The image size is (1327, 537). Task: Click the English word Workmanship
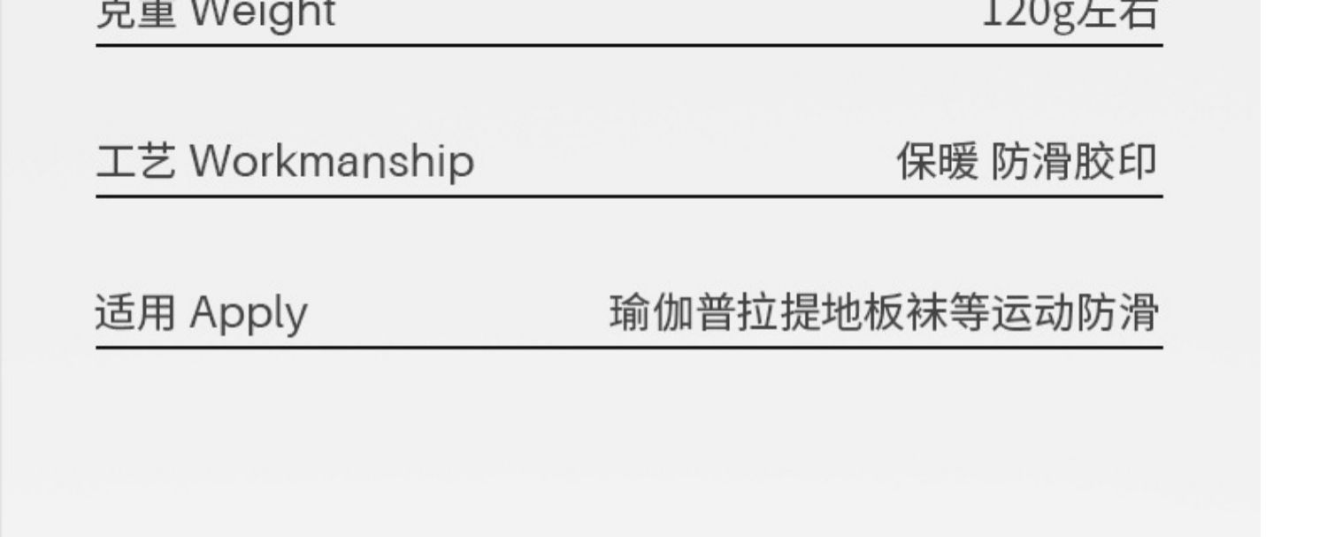pos(332,162)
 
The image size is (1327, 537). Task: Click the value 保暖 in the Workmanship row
pos(937,162)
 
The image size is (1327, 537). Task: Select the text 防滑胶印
pos(1073,162)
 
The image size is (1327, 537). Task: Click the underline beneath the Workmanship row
pos(629,196)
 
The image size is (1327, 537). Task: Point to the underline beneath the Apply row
pos(629,348)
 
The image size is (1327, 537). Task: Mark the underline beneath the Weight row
pos(629,44)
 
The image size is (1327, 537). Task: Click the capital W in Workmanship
pos(209,162)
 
